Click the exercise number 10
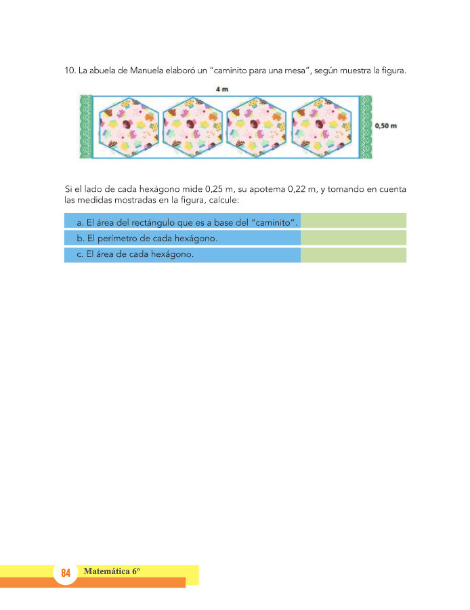(68, 70)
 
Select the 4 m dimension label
(221, 89)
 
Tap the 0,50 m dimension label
(387, 126)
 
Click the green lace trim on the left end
(85, 127)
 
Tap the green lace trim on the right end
(366, 127)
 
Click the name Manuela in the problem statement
(158, 70)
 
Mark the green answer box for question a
(353, 220)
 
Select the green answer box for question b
(353, 237)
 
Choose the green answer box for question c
(353, 255)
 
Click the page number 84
(66, 573)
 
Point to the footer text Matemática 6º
(112, 571)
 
